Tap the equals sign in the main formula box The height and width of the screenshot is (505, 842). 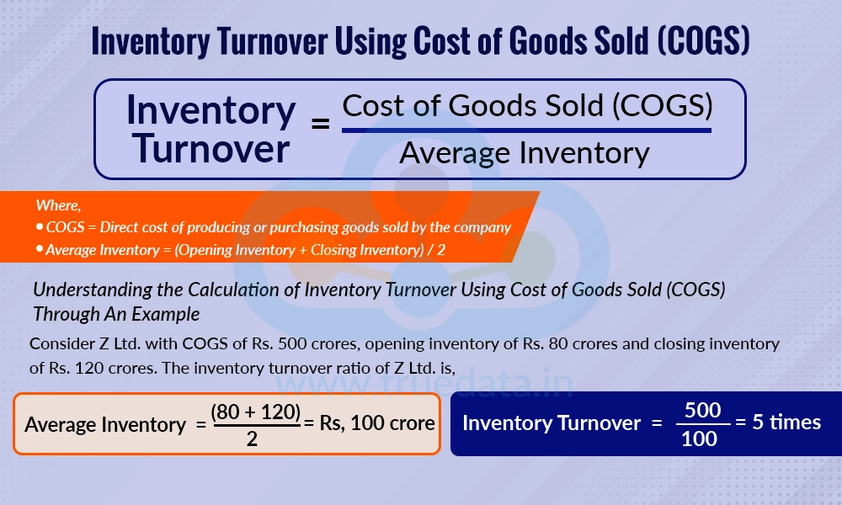click(x=320, y=125)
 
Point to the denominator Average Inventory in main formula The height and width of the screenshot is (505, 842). click(x=524, y=153)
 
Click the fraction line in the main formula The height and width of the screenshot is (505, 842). click(x=526, y=130)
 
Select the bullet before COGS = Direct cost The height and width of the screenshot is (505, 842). click(x=40, y=228)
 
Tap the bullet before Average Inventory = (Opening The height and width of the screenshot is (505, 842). click(x=40, y=250)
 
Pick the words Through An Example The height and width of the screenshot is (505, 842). click(x=116, y=314)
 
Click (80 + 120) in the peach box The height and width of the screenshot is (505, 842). click(x=256, y=412)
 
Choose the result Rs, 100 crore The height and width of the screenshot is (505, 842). click(x=377, y=423)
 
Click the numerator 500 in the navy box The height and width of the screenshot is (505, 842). click(x=702, y=411)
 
